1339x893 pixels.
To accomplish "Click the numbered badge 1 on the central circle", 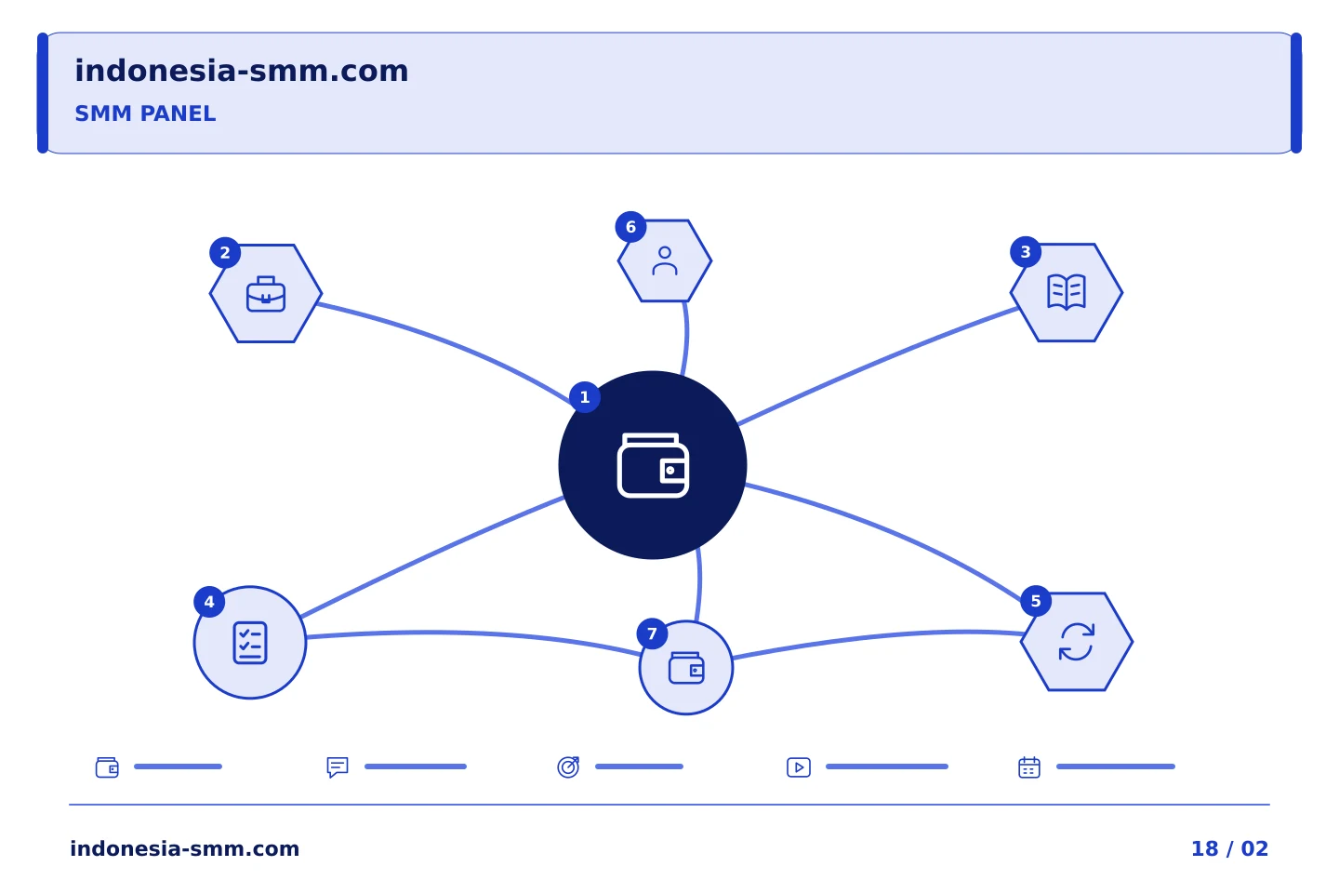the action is [585, 397].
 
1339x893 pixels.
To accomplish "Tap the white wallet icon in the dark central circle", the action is [653, 465].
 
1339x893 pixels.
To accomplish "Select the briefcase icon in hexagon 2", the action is [266, 294].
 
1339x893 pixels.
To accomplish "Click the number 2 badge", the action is [225, 253].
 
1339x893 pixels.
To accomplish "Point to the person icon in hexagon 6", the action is [665, 260].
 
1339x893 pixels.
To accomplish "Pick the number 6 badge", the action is [630, 227].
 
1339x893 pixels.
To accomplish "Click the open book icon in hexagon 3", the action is [1067, 292].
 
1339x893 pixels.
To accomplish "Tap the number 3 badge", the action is [1026, 252].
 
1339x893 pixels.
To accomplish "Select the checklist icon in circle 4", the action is [250, 643].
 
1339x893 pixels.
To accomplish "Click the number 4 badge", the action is [209, 602].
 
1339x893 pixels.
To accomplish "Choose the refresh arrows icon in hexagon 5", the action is [1077, 642].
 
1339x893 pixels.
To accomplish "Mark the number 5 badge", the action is [1036, 601].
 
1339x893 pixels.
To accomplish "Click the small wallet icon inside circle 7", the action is [686, 668].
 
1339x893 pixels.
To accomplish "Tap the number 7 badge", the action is [652, 633].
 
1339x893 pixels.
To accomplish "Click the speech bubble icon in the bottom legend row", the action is [338, 766].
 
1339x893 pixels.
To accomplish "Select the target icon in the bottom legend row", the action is [568, 766].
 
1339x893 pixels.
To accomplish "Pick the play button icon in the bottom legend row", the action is [799, 767].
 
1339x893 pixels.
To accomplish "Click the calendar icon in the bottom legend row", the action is [1029, 767].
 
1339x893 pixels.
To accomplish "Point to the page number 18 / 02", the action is [1229, 848].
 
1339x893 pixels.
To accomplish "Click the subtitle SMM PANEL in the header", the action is [145, 113].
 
